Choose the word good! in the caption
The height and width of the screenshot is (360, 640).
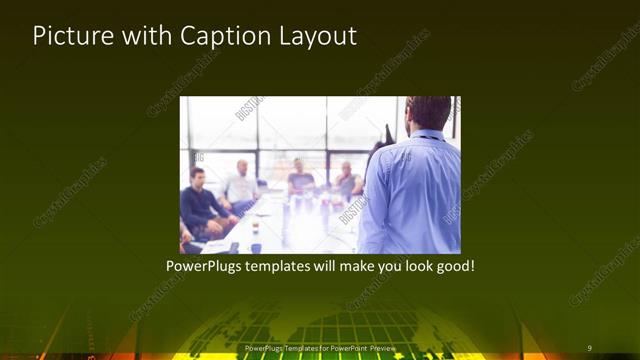click(x=451, y=268)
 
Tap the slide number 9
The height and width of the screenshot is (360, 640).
click(x=589, y=348)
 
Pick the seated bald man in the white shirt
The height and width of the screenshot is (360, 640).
click(x=241, y=184)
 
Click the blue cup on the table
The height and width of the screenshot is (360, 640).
click(x=256, y=246)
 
